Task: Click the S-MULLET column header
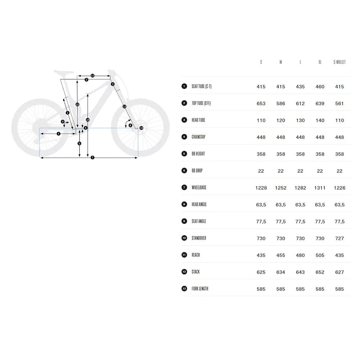coord(339,62)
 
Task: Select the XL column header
coord(320,62)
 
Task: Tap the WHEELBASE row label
coord(199,188)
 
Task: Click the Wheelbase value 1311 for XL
coord(320,188)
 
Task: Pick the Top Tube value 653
coord(261,104)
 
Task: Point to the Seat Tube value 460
coord(320,87)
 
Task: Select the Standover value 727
coord(339,239)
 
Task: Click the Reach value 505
coord(320,255)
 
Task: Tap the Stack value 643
coord(300,272)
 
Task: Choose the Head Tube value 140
coord(320,121)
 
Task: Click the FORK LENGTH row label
coord(200,289)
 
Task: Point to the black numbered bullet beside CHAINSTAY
coord(184,137)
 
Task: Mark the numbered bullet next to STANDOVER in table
coord(184,238)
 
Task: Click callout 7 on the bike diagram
coord(93,158)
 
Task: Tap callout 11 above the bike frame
coord(93,76)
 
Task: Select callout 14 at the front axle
coord(141,128)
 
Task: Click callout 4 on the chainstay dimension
coord(59,134)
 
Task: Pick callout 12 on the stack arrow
coord(77,104)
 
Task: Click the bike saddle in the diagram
coord(64,72)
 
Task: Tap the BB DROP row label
coord(197,171)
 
